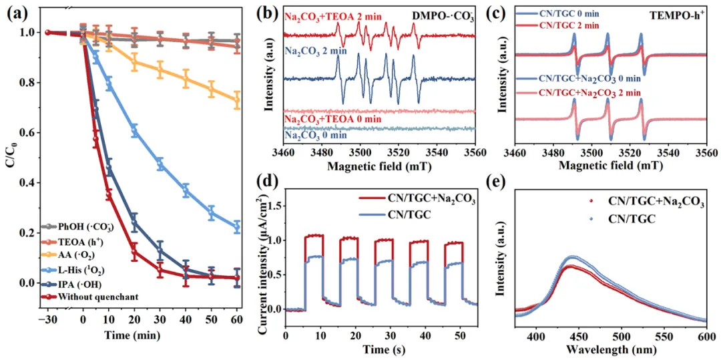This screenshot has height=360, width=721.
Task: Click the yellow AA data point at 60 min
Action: click(x=237, y=100)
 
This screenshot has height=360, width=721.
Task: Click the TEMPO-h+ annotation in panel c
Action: click(x=676, y=13)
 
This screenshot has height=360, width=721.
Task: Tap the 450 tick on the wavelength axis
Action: click(x=577, y=338)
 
